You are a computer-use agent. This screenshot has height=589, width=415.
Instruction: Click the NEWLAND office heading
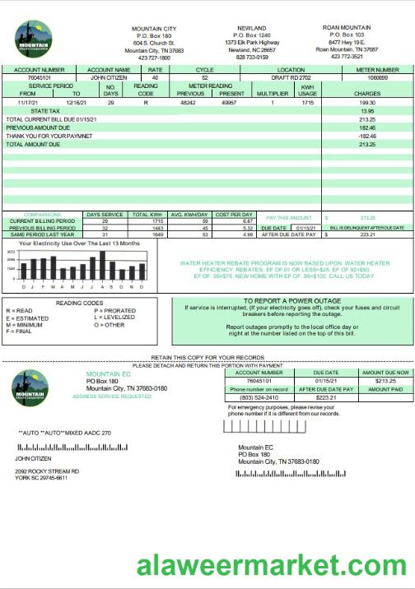point(252,28)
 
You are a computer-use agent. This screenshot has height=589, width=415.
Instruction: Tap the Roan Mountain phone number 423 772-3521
point(347,57)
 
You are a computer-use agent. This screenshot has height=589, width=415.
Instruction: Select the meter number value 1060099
point(378,79)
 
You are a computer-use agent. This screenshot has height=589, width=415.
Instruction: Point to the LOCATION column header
point(291,71)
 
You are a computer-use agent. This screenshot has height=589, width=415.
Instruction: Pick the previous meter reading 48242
point(189,103)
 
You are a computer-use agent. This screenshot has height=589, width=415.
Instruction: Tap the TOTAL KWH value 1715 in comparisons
point(147,221)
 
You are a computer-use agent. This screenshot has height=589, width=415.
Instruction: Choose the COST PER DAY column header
point(234,214)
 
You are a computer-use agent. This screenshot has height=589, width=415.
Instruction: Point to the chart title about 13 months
point(79,243)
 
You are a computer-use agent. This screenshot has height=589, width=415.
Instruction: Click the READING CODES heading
point(79,303)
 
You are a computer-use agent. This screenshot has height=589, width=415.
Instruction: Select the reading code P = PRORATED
point(114,311)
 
